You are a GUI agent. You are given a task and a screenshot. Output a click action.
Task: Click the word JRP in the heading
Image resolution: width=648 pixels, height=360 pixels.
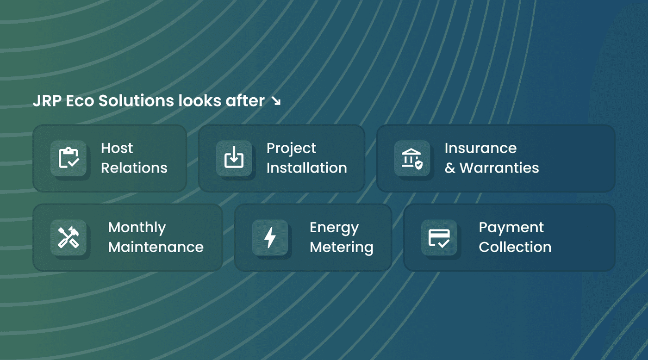click(x=47, y=101)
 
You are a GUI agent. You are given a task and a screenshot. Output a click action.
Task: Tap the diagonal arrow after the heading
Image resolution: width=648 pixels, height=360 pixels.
click(x=276, y=101)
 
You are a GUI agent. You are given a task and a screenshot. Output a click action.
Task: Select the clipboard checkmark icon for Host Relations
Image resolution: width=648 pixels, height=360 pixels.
click(x=69, y=158)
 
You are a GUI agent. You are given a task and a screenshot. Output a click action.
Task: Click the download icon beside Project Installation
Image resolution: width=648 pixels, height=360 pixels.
click(x=234, y=157)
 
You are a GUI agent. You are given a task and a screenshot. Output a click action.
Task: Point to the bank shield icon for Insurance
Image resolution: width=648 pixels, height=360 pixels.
click(x=412, y=158)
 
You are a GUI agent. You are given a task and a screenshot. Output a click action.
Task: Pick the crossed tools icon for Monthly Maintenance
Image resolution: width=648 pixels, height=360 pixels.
click(x=69, y=237)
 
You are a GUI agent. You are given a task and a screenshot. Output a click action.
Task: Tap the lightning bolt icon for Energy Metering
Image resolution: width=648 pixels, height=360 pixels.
click(x=270, y=238)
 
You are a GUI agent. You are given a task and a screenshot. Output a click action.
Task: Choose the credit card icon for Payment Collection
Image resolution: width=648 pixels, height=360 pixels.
click(x=439, y=238)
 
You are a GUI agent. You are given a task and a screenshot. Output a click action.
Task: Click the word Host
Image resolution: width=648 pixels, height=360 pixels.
click(x=117, y=149)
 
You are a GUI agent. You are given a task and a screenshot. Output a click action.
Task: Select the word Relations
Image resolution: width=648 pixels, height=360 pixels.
click(x=134, y=168)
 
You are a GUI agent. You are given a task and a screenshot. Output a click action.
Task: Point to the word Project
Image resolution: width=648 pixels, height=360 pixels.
click(x=291, y=149)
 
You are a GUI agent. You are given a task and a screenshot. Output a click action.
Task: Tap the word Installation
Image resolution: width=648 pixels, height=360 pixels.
click(x=306, y=168)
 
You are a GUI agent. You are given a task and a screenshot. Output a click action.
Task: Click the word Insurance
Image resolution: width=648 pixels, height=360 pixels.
click(x=480, y=149)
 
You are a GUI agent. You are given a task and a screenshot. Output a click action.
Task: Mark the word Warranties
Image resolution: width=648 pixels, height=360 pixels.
click(x=499, y=168)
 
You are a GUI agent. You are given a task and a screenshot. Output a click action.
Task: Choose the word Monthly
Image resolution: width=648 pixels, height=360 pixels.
click(x=137, y=228)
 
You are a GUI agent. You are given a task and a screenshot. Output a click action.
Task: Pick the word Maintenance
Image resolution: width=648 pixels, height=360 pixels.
click(x=156, y=247)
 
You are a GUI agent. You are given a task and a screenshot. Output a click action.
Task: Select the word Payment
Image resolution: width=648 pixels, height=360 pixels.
click(x=511, y=228)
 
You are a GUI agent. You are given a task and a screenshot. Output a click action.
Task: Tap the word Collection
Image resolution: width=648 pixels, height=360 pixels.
click(x=515, y=247)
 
